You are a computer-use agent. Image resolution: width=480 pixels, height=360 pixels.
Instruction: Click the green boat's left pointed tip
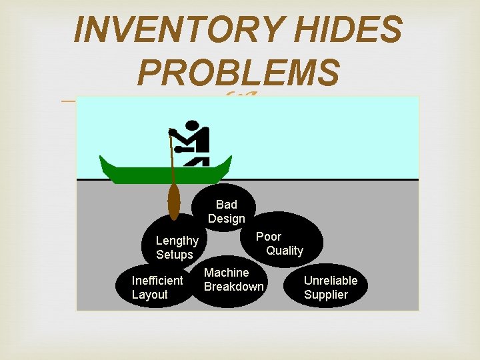[x=102, y=160]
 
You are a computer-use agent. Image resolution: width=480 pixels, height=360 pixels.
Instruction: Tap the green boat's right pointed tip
[x=229, y=160]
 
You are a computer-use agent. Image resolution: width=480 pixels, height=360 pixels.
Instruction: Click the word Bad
[x=227, y=205]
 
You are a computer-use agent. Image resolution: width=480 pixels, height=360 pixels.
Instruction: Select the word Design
[x=227, y=219]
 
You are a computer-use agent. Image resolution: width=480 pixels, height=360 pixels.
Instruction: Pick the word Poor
[x=269, y=237]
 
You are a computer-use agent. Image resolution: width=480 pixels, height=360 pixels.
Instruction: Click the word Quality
[x=285, y=251]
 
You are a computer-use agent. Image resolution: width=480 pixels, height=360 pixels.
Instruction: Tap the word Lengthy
[x=177, y=241]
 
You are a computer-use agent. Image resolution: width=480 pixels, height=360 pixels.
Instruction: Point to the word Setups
[x=174, y=255]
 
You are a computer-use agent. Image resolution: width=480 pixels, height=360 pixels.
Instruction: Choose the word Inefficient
[x=157, y=281]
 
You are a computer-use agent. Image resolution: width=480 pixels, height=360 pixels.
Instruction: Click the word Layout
[x=149, y=295]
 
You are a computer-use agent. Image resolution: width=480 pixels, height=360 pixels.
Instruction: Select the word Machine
[x=226, y=273]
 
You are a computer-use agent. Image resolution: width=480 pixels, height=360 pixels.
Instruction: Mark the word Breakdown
[x=234, y=287]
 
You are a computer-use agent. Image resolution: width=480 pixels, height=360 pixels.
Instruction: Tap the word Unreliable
[x=331, y=281]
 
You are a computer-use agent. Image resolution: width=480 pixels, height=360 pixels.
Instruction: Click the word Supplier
[x=326, y=295]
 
